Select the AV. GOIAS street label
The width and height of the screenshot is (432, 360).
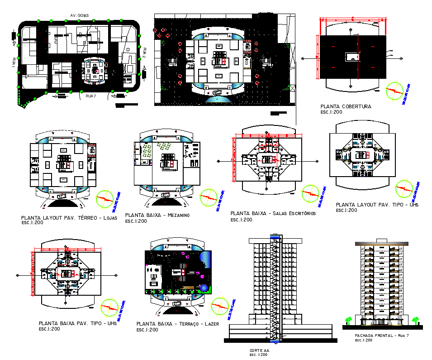tap(79, 15)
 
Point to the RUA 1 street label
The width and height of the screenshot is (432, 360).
tap(14, 63)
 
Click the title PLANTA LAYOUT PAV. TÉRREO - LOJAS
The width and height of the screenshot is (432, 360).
tap(72, 218)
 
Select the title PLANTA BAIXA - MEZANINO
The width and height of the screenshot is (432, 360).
tap(157, 215)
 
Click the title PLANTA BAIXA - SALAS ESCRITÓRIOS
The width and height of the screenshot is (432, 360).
tap(273, 213)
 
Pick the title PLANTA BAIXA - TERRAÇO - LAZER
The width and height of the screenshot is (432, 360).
tap(177, 324)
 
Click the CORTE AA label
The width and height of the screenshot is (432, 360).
tap(259, 350)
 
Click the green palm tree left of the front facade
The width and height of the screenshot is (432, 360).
tap(348, 321)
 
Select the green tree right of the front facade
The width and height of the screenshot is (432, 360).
tap(415, 321)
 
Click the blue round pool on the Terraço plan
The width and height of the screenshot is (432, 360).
tap(204, 288)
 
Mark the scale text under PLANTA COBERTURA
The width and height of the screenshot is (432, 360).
tap(331, 112)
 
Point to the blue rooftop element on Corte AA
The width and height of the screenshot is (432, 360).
tap(275, 237)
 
